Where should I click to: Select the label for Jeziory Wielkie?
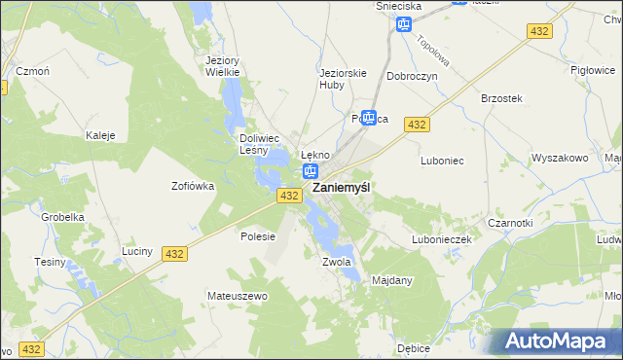223,66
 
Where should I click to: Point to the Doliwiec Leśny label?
260,144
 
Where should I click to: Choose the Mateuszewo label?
237,295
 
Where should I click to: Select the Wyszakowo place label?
559,158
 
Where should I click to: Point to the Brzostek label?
502,99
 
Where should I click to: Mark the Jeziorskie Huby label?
339,78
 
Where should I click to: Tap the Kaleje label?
101,135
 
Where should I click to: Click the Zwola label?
335,262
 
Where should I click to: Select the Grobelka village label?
59,217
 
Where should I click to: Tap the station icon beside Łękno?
310,172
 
